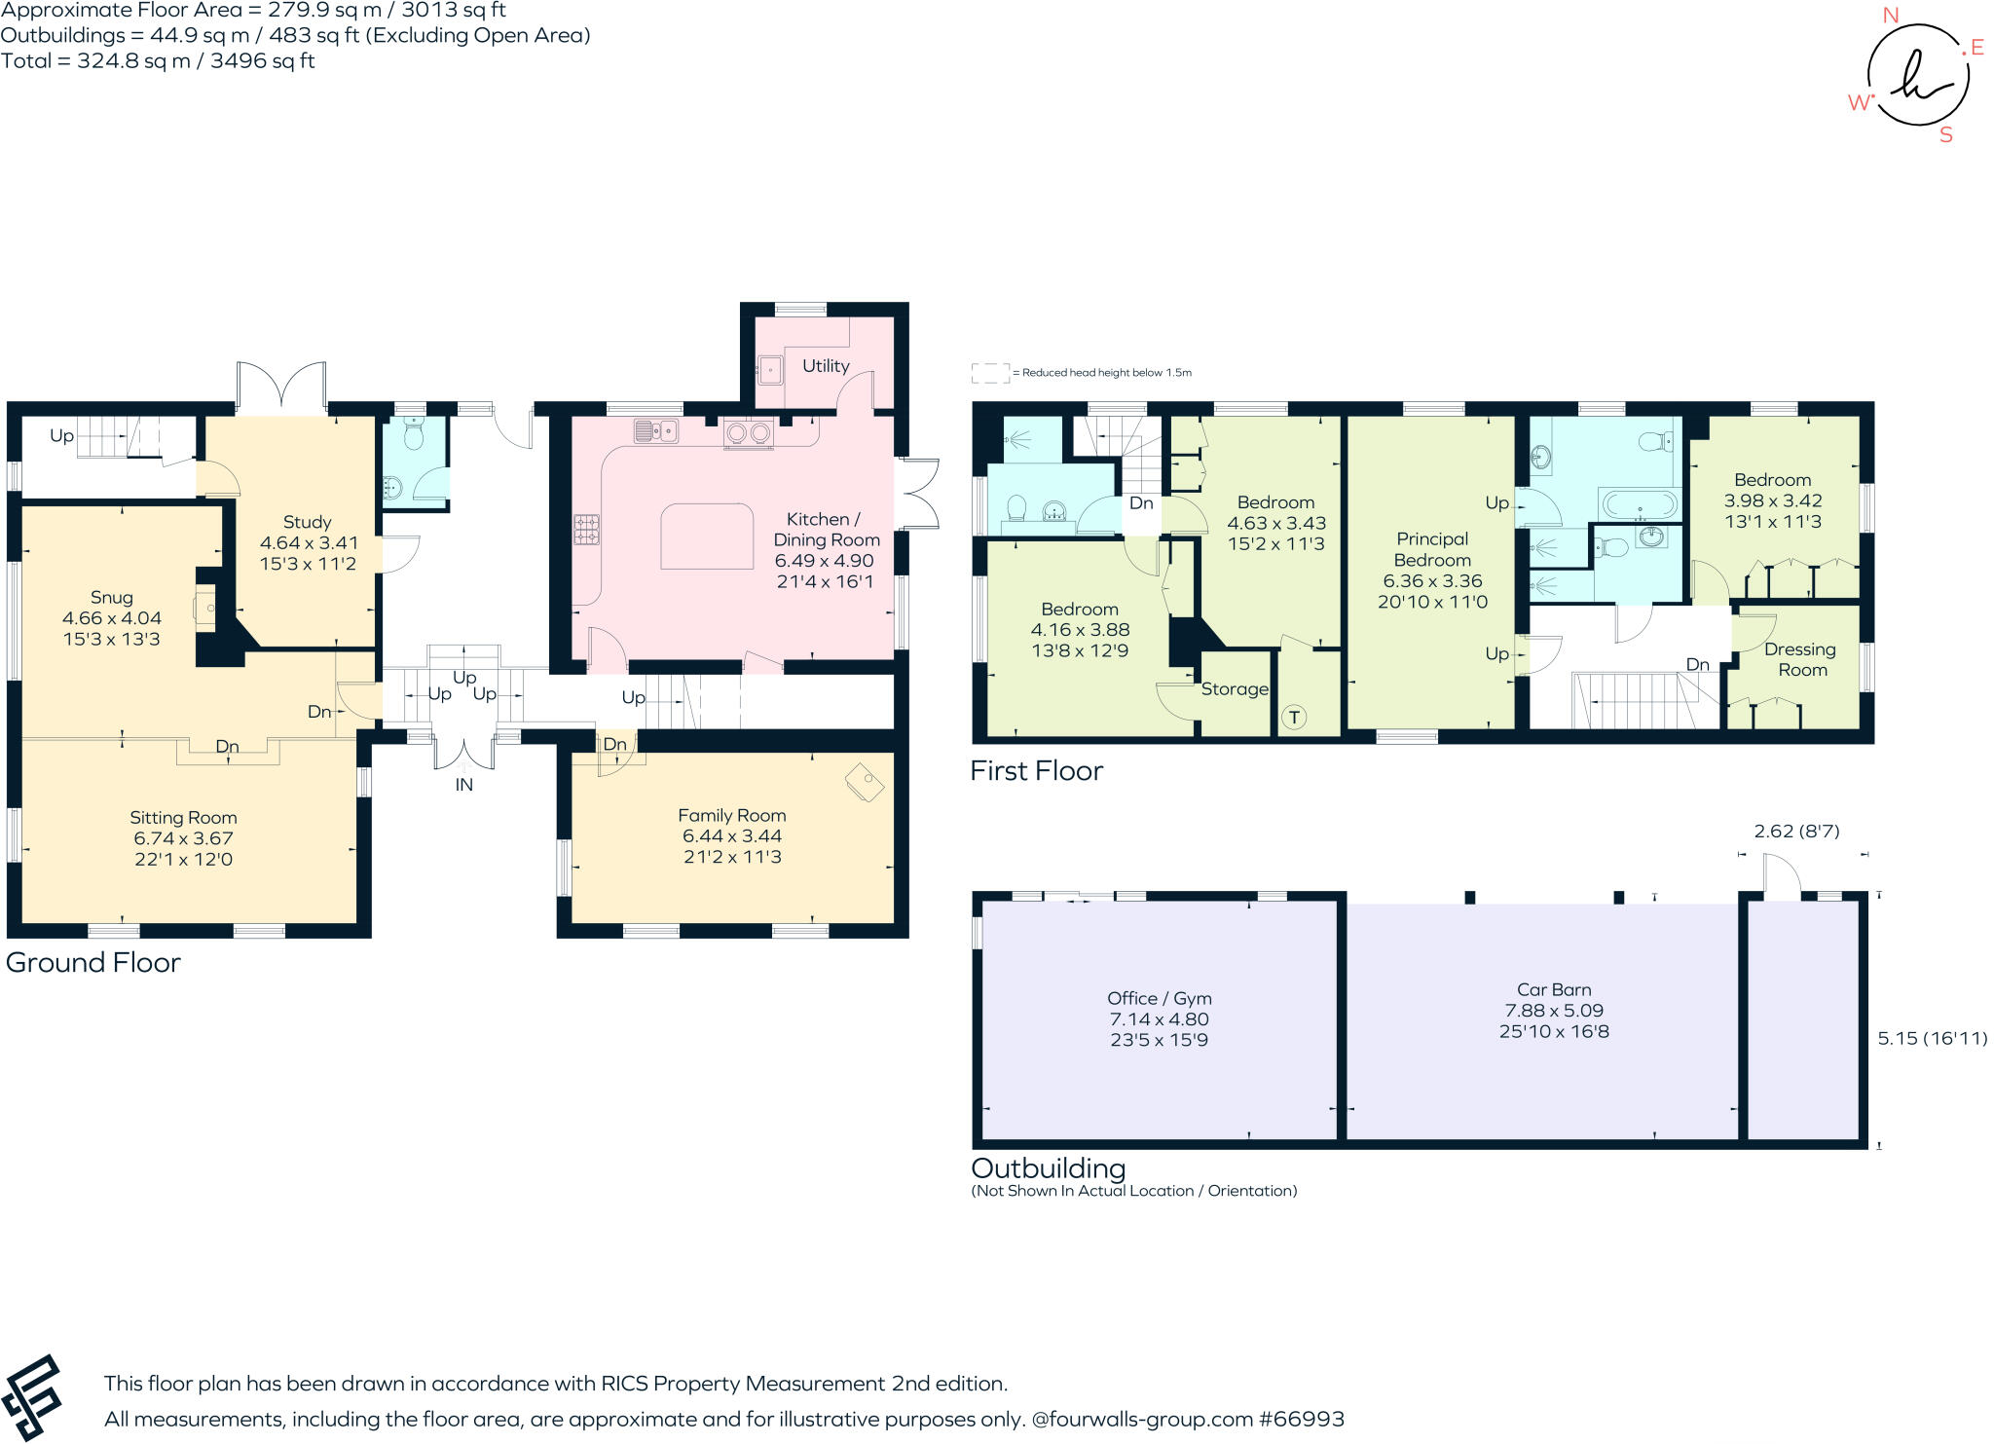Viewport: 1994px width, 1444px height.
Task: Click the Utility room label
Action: coord(826,366)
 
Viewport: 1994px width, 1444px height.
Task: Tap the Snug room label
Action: coord(112,598)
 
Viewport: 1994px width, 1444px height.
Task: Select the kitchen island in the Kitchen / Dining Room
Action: coord(708,536)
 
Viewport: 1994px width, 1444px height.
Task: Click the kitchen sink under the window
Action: coord(656,429)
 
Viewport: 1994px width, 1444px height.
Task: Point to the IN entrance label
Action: coord(464,785)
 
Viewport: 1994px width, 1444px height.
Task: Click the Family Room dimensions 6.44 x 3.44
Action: coord(732,836)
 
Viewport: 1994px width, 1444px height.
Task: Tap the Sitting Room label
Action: coord(184,818)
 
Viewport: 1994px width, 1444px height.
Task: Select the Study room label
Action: coord(308,523)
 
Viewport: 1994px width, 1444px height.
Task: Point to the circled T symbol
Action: coord(1294,718)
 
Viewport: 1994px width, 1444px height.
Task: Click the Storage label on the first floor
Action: coord(1235,689)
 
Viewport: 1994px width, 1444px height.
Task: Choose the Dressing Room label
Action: coord(1801,659)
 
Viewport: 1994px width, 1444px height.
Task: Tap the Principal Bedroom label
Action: coord(1432,549)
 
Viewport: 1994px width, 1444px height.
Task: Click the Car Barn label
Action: coord(1554,990)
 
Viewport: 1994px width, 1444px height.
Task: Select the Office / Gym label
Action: coord(1160,999)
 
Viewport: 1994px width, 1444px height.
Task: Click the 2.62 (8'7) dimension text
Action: coord(1797,832)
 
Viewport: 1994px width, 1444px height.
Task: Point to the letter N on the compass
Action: coord(1891,16)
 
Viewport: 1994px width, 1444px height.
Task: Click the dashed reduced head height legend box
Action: coord(990,373)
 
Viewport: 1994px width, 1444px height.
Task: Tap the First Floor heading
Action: coord(1037,771)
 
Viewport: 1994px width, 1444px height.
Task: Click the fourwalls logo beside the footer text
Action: coord(32,1398)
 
